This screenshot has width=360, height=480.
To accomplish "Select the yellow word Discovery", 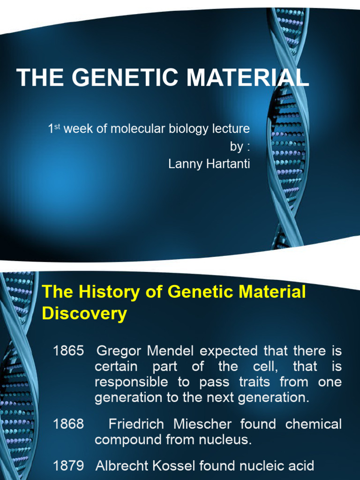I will click(84, 314).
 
